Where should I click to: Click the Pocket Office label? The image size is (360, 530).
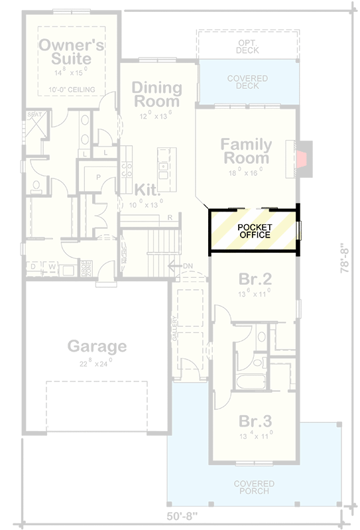point(255,231)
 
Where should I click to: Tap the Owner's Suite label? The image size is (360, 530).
point(72,52)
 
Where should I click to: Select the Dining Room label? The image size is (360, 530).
point(156,94)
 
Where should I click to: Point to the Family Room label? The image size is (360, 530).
point(246,151)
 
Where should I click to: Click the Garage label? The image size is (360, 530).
point(97,346)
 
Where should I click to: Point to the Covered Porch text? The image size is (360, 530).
point(254,488)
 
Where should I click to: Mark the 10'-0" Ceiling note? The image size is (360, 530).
point(72,90)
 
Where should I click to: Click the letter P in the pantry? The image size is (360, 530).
point(97,177)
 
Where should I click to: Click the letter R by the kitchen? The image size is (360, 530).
point(170,218)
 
